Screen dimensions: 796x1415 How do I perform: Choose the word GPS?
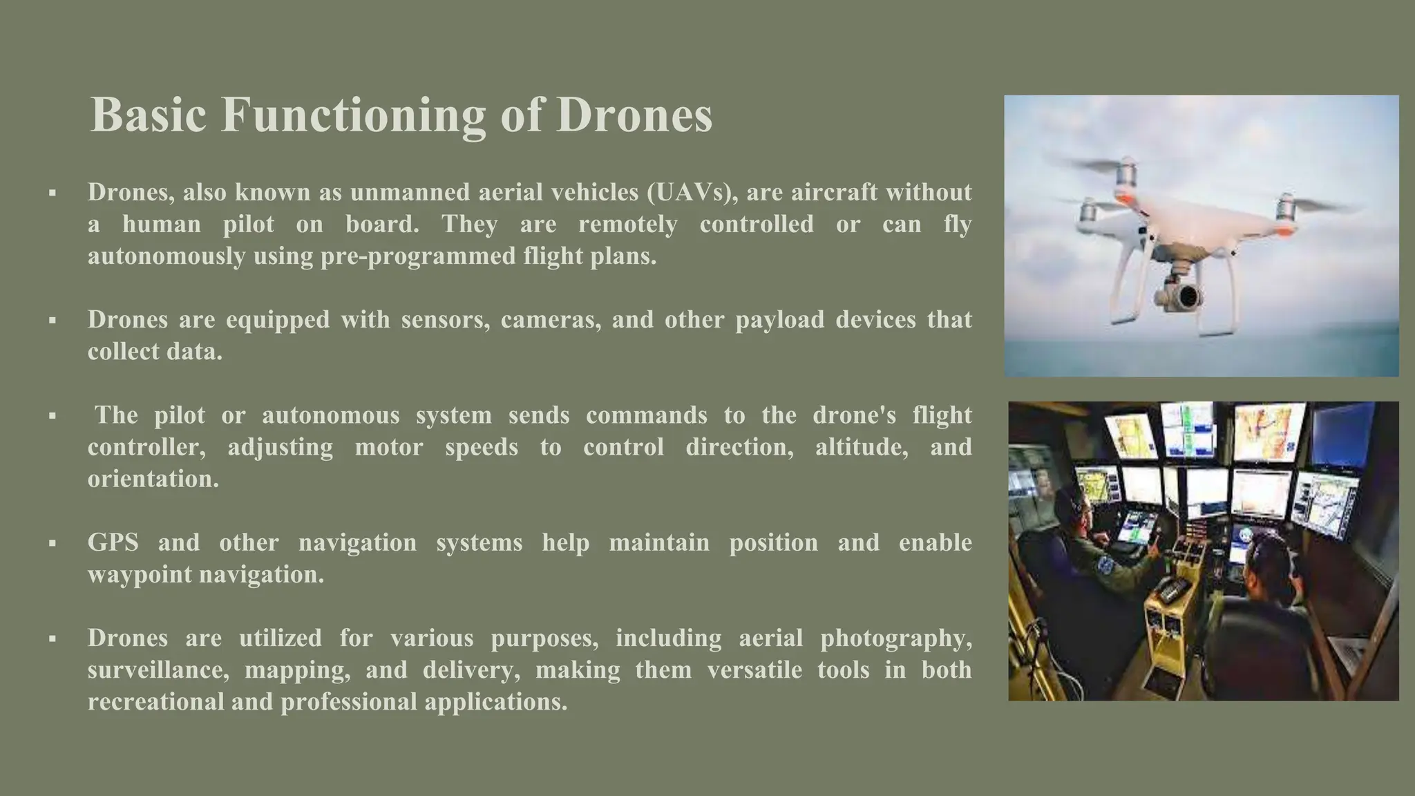(x=113, y=542)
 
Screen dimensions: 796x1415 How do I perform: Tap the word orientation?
(x=153, y=479)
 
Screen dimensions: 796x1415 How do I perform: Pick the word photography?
(x=895, y=638)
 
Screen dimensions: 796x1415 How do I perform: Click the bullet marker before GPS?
(x=53, y=544)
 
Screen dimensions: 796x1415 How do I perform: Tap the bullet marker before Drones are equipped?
(x=53, y=321)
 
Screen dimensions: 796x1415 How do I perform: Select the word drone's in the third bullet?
(x=854, y=415)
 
